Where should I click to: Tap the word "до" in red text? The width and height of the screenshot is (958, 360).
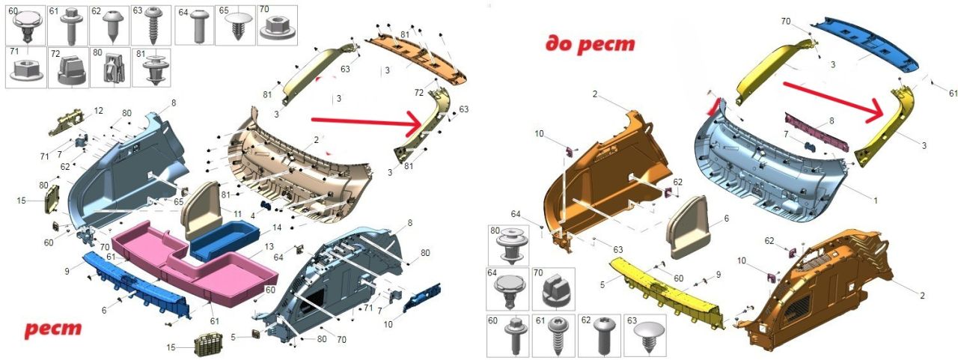[559, 44]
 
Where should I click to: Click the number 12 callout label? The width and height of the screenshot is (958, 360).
[99, 111]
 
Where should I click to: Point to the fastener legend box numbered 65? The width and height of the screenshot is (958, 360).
[235, 25]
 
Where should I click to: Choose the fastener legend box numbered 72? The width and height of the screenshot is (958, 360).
[68, 67]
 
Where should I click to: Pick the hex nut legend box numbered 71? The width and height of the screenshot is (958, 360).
[26, 67]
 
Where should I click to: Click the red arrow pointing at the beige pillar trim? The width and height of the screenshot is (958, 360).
[367, 123]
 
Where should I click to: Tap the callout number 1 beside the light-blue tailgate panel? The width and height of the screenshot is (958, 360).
[876, 201]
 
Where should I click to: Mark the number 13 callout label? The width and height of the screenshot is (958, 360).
[269, 247]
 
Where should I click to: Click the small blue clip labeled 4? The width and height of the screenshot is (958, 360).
[266, 206]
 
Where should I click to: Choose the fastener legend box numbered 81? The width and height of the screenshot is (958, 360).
[151, 67]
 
